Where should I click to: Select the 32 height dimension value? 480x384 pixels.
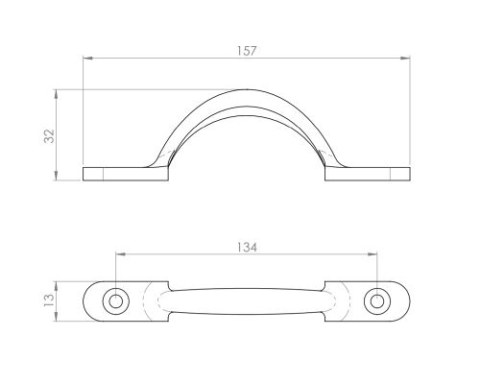pyautogui.click(x=48, y=135)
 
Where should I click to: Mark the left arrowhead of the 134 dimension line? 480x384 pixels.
pyautogui.click(x=120, y=255)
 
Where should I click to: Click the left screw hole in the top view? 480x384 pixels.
pyautogui.click(x=116, y=300)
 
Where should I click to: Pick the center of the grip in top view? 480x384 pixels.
pyautogui.click(x=248, y=300)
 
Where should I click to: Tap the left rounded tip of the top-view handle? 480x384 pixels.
pyautogui.click(x=86, y=300)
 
